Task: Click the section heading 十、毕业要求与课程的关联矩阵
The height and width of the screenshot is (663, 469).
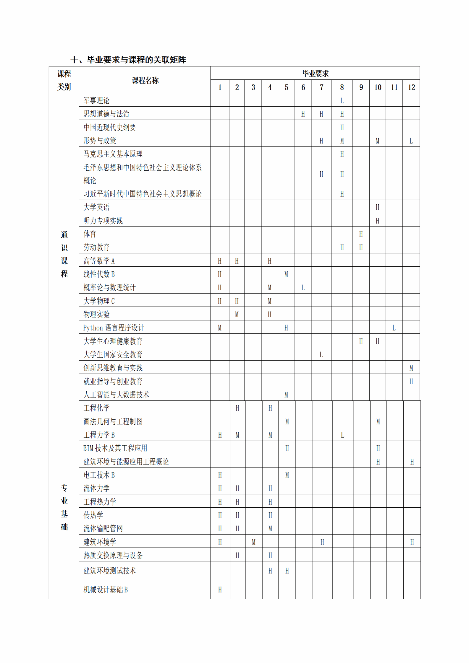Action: tap(128, 60)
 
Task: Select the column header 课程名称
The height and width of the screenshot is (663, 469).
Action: tap(145, 80)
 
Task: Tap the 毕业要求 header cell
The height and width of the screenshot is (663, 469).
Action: tap(315, 74)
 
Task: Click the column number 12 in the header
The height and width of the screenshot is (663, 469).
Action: tap(411, 87)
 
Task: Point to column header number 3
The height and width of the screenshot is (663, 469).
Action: tap(253, 87)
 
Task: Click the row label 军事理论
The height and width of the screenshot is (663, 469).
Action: tap(96, 101)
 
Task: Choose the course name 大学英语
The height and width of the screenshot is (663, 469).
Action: tap(96, 207)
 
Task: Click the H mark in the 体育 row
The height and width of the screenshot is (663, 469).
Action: tap(361, 234)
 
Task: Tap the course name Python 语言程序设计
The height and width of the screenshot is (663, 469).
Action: tap(114, 328)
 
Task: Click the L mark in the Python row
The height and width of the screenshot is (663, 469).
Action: tap(394, 328)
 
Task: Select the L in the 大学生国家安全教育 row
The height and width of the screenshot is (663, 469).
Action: tap(321, 355)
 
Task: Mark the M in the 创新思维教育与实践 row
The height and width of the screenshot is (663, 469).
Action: tap(411, 368)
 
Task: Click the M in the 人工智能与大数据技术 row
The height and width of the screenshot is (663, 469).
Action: tap(286, 395)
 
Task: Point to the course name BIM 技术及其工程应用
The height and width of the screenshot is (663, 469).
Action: tap(115, 448)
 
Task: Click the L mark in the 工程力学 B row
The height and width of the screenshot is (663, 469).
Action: tap(342, 435)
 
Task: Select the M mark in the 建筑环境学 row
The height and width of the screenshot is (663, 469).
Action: tap(253, 542)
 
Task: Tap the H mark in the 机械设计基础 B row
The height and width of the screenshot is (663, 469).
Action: tap(220, 590)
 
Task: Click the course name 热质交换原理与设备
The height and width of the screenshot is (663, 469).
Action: tap(113, 556)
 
